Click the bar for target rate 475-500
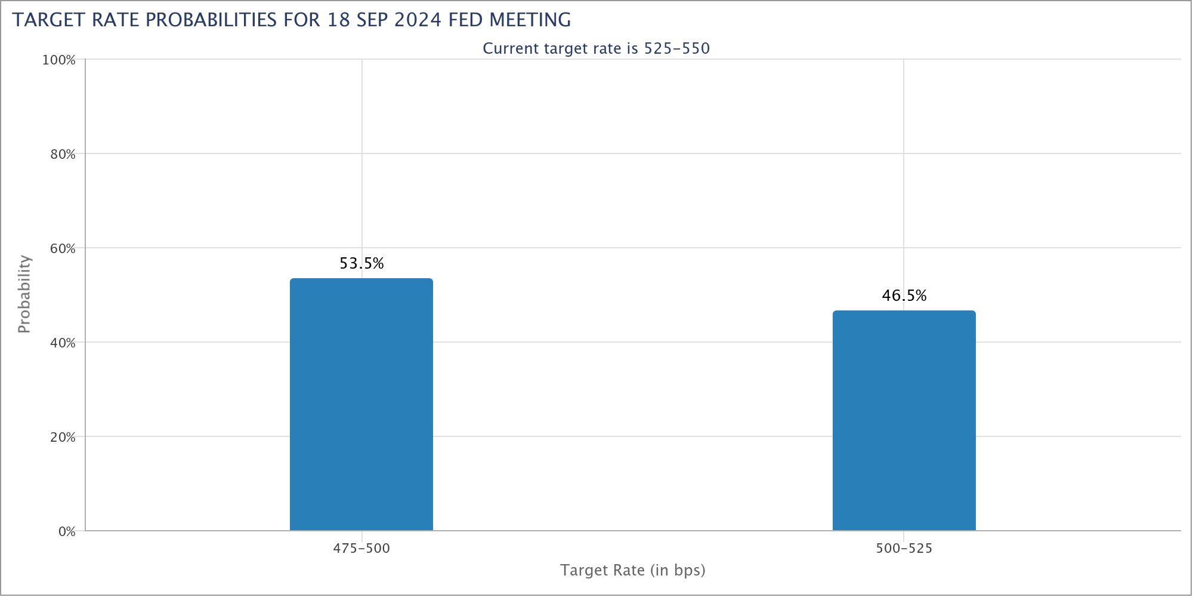click(x=361, y=404)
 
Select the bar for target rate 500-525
click(x=904, y=420)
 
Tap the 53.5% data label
click(x=362, y=263)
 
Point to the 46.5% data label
click(x=904, y=296)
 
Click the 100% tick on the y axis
click(x=58, y=60)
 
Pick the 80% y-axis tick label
click(x=63, y=155)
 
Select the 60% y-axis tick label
click(x=63, y=249)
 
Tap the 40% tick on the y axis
click(x=63, y=343)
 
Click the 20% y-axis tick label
click(x=63, y=438)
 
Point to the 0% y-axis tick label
click(x=67, y=532)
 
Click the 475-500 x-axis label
click(x=361, y=549)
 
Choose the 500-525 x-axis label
click(x=904, y=549)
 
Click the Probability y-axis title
click(x=24, y=294)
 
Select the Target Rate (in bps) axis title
click(x=633, y=571)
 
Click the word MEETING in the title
click(x=530, y=20)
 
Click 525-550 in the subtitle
click(x=677, y=48)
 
